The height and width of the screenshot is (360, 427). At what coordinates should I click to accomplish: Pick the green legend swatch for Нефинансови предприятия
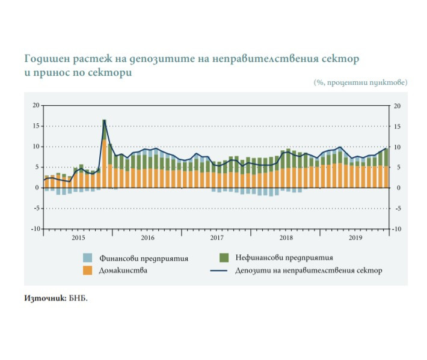coord(223,258)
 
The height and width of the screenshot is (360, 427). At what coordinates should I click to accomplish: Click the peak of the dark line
coord(105,121)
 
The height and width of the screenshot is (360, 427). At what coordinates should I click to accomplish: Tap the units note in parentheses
coord(360,82)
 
